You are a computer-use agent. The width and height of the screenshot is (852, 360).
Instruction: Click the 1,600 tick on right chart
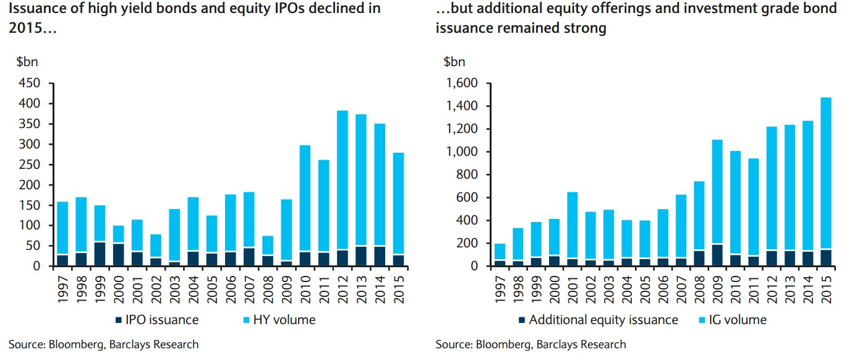462,84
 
